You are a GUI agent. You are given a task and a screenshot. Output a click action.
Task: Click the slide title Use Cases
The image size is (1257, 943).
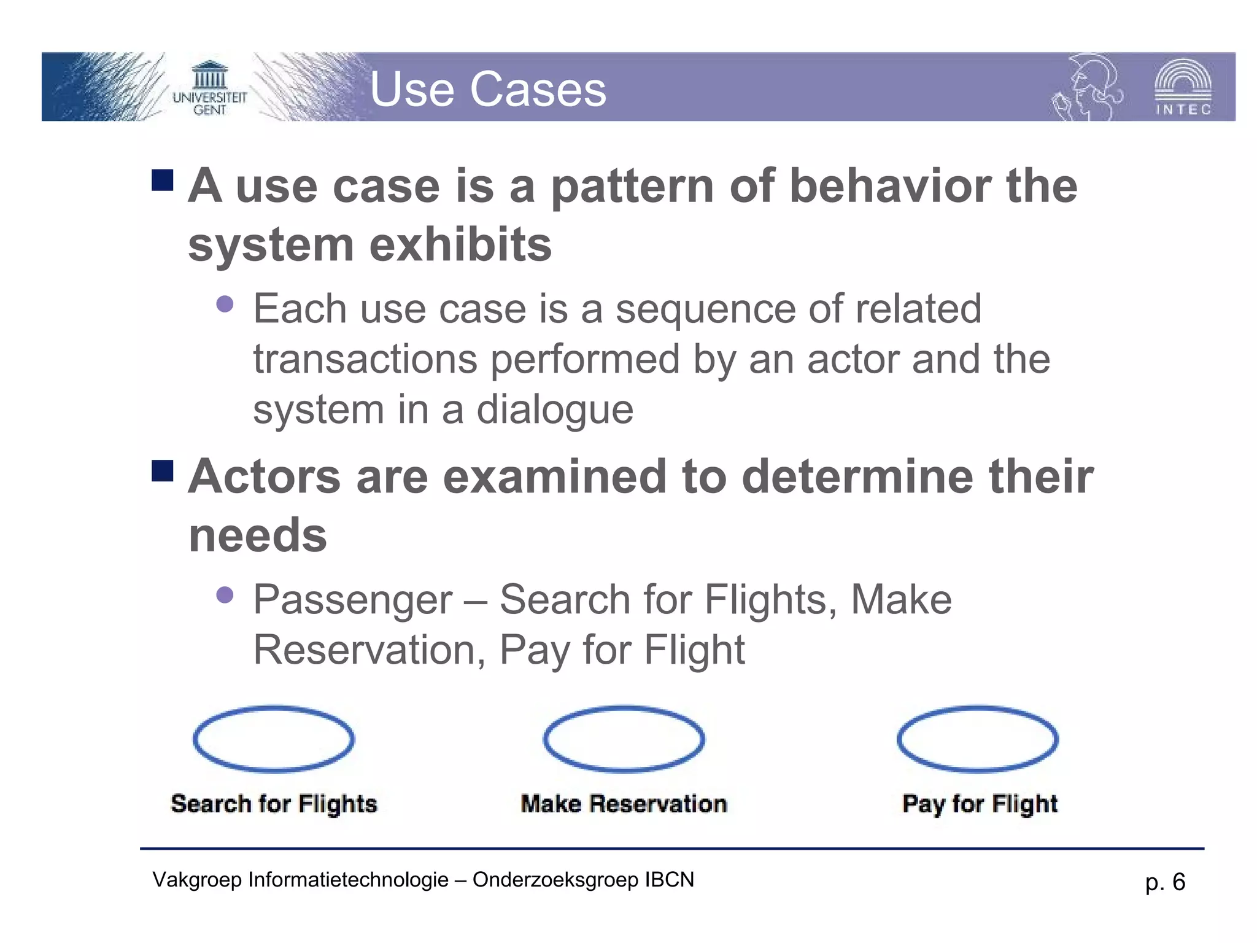coord(488,90)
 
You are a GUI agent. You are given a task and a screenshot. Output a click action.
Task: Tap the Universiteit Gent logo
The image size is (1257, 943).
coord(209,89)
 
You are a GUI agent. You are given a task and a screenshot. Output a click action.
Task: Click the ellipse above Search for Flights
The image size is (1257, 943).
coord(274,739)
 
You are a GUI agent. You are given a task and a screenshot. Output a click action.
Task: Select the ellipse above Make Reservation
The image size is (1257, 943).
coord(624,739)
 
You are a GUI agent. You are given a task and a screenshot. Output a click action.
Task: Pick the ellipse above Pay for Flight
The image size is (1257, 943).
coord(978,739)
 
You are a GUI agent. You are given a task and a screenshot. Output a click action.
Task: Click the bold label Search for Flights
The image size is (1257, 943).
coord(274,804)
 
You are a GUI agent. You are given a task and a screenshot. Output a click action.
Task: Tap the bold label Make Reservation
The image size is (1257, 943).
coord(624,804)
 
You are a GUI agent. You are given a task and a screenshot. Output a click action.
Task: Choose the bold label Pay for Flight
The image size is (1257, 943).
coord(980,804)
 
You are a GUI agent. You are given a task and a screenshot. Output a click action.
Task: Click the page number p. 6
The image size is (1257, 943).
coord(1165,882)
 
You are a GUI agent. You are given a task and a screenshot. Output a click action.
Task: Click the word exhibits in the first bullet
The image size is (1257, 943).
coord(460,244)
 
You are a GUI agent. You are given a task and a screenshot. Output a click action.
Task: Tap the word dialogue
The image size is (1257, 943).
coord(555,409)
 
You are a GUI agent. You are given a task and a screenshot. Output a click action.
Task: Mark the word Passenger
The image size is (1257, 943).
coord(353,600)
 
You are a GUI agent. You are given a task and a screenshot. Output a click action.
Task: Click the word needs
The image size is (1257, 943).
coord(258,535)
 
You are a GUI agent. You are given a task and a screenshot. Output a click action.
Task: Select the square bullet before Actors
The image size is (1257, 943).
coord(163,471)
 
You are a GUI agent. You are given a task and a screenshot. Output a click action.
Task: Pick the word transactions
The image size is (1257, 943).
coord(365,359)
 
